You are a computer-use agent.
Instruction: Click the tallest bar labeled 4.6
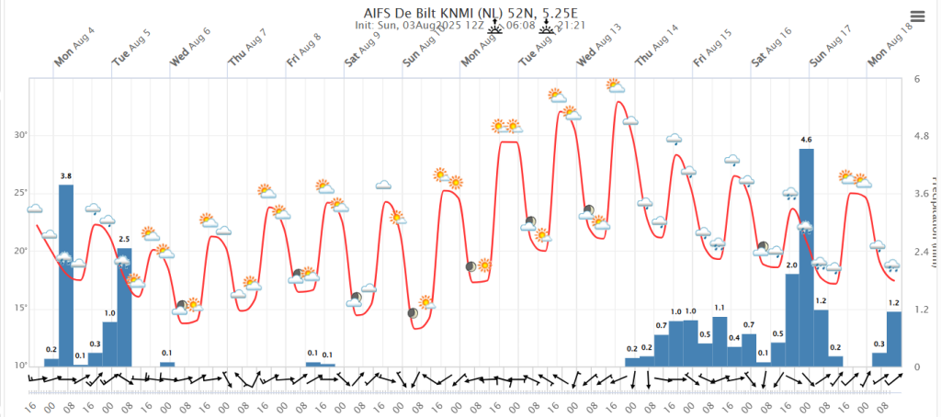click(x=806, y=257)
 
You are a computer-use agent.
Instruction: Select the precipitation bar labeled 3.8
click(x=66, y=276)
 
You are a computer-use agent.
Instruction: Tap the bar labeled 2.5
click(x=124, y=307)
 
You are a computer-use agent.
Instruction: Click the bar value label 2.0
click(x=791, y=265)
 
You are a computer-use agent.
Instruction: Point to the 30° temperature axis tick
click(x=20, y=136)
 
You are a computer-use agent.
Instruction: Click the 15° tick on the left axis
click(x=20, y=308)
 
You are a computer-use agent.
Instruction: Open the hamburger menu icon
click(x=918, y=17)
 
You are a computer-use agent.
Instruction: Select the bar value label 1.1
click(x=720, y=308)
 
